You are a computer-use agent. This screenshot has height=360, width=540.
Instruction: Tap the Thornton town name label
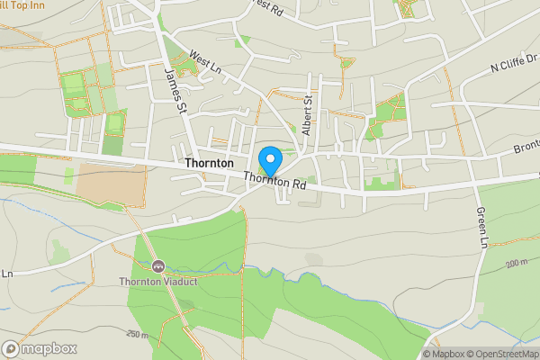[x=208, y=165]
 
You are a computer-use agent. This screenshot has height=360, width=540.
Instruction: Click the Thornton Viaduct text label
[x=158, y=281]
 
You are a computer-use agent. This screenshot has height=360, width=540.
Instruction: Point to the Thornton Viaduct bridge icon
[x=158, y=265]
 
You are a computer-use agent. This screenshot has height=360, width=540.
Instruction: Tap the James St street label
[x=175, y=92]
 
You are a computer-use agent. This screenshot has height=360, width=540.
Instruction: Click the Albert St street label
[x=307, y=112]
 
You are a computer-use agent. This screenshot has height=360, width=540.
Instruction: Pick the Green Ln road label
[x=481, y=229]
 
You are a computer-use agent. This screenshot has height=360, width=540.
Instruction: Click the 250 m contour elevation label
[x=137, y=335]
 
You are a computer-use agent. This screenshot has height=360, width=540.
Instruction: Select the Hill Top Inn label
[x=22, y=5]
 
